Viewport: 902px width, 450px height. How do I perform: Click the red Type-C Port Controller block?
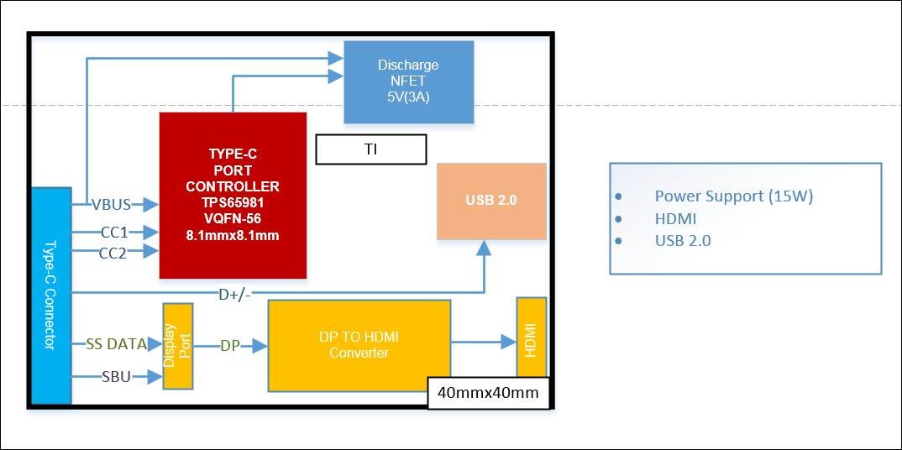click(x=233, y=195)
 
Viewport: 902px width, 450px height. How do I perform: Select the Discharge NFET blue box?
click(x=408, y=81)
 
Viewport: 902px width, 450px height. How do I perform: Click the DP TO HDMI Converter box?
click(x=359, y=346)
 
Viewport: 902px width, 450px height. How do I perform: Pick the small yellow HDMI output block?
click(x=531, y=337)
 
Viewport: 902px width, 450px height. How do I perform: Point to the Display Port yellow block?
click(x=178, y=345)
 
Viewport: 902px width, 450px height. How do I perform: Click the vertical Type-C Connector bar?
click(x=50, y=296)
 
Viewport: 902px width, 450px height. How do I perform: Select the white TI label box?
click(x=370, y=149)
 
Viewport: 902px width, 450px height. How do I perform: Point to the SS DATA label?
click(x=116, y=344)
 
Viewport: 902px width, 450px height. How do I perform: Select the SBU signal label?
click(x=115, y=377)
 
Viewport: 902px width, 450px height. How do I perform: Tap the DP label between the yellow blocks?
click(x=230, y=345)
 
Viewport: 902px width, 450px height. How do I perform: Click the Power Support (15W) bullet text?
click(x=733, y=196)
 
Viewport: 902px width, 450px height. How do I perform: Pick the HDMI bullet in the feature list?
click(x=675, y=219)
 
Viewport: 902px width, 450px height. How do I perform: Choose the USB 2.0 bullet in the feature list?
click(x=682, y=241)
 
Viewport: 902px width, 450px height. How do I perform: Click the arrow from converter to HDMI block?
click(x=483, y=342)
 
